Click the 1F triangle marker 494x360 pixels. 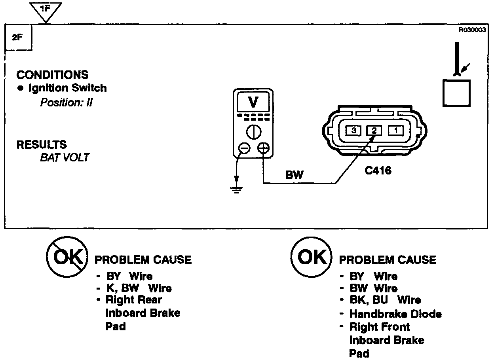46,11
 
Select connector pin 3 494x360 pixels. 354,130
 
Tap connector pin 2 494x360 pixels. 374,130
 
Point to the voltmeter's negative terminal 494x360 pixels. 244,148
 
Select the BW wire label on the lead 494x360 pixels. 294,175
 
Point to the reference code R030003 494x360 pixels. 472,30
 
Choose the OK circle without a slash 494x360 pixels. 310,258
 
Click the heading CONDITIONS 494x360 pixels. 52,75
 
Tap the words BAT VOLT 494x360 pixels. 65,157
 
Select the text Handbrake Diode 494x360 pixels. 395,314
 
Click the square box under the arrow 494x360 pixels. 456,93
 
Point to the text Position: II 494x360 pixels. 66,102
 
